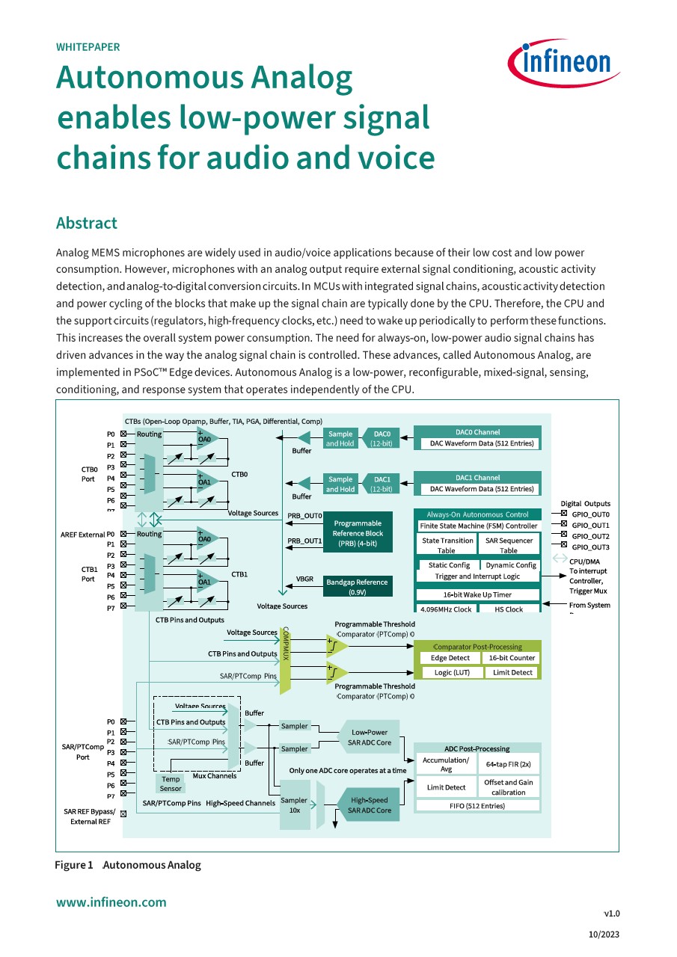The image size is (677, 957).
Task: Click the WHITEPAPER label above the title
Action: point(88,47)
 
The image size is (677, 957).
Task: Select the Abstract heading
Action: point(87,223)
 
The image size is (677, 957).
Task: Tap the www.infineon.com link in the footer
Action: point(111,902)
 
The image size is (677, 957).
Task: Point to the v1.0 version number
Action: point(611,913)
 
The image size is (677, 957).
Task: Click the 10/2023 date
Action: point(605,934)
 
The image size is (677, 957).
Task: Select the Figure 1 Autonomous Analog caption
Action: point(128,865)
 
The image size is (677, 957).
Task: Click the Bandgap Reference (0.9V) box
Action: point(357,587)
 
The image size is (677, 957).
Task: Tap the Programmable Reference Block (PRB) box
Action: point(357,533)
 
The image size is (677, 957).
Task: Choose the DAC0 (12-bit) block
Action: point(382,438)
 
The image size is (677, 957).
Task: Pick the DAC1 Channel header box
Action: point(477,478)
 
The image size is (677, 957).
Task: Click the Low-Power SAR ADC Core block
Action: point(370,737)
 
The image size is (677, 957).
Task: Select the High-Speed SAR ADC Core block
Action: point(370,805)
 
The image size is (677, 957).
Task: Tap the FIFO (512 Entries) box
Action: point(477,806)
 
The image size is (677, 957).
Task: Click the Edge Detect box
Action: point(450,658)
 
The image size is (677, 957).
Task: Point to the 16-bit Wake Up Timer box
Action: point(477,595)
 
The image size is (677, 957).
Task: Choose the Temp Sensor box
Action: point(171,784)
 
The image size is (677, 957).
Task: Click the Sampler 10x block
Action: point(295,805)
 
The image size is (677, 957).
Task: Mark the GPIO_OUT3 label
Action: point(591,547)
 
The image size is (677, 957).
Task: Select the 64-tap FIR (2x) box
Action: point(508,764)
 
